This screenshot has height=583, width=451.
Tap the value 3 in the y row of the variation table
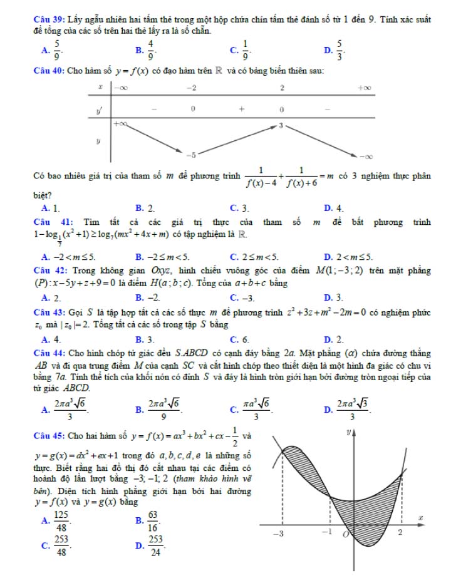281,126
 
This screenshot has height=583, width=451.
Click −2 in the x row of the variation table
193,88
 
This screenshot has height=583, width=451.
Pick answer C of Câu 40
241,207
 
